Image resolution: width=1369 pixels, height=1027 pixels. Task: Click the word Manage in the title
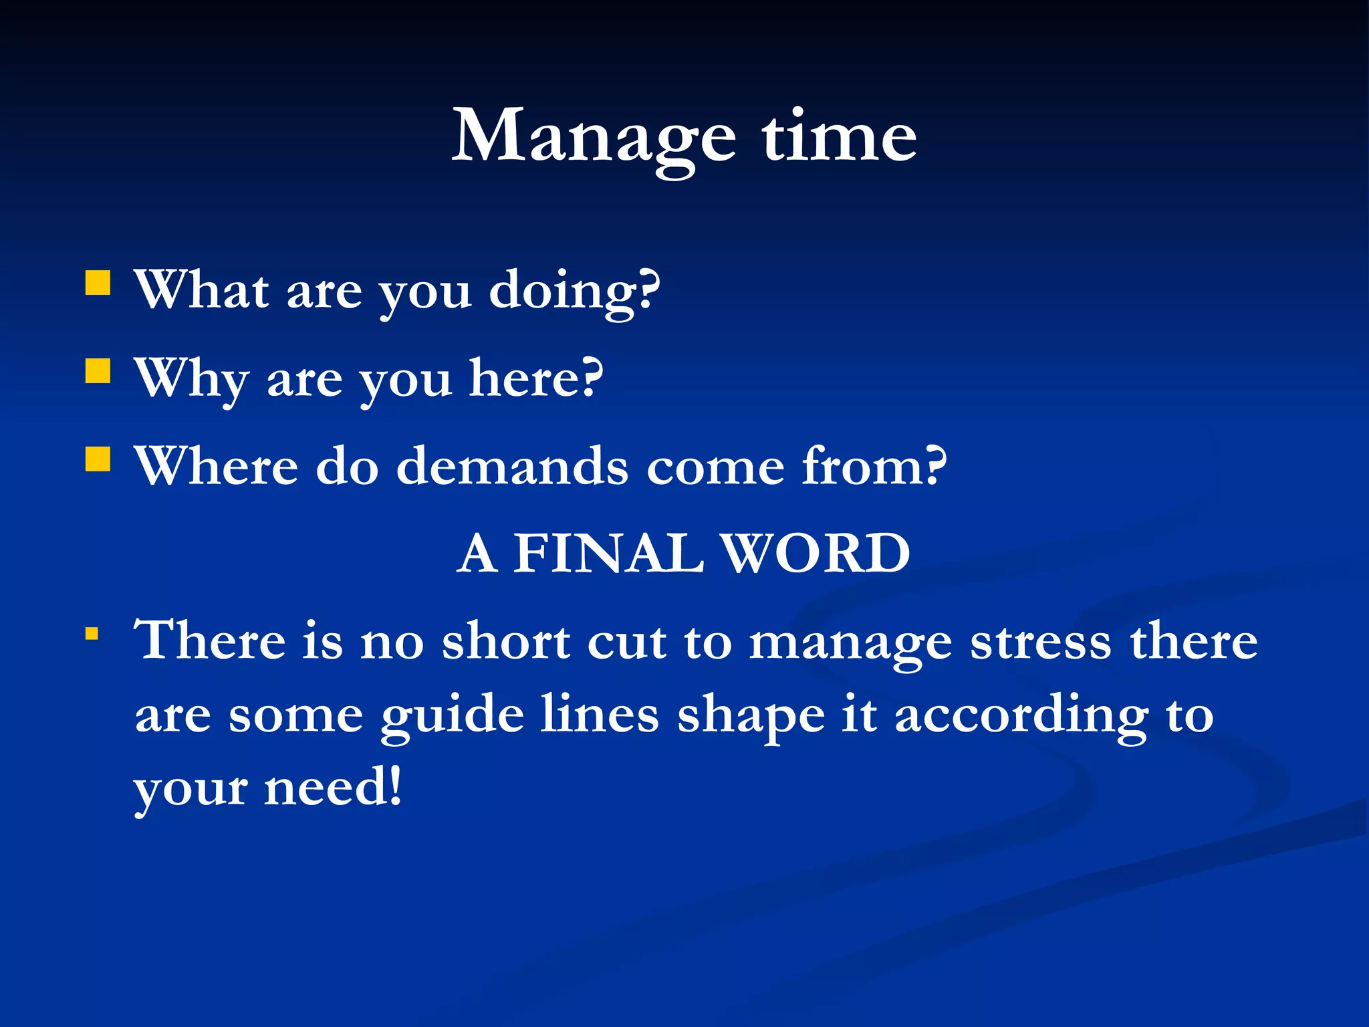(594, 137)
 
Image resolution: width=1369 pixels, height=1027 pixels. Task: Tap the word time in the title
(839, 137)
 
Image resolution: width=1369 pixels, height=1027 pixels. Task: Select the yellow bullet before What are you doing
(98, 283)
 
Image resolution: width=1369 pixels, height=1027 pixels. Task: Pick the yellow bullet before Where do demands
(98, 459)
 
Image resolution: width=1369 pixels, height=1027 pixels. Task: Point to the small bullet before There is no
(92, 633)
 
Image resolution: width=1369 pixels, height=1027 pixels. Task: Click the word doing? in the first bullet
(574, 292)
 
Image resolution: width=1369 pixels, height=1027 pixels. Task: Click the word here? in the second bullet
(535, 378)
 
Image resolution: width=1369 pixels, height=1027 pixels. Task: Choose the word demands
(512, 466)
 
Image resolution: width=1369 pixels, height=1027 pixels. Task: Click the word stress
(1041, 641)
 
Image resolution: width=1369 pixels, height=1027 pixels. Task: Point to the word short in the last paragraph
(506, 641)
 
